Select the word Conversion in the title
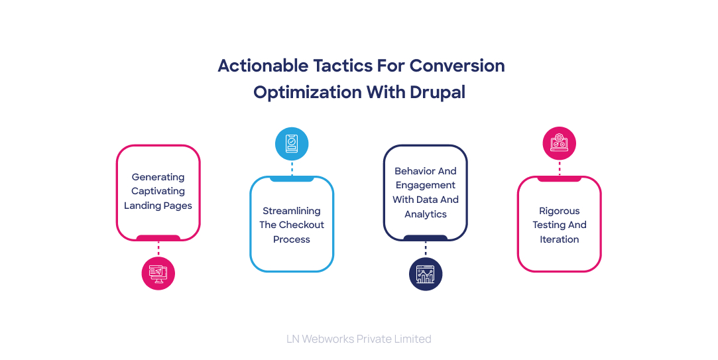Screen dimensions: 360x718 [x=457, y=66]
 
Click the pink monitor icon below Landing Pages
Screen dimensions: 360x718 [x=158, y=272]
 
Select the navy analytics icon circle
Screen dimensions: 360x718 [x=426, y=274]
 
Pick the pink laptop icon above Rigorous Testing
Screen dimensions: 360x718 [x=559, y=143]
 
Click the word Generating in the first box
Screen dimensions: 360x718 [x=158, y=177]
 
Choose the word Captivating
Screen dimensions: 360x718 [x=158, y=191]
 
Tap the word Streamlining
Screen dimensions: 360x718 [x=292, y=211]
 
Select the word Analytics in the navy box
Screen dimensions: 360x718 [x=426, y=214]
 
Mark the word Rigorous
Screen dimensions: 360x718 [x=559, y=211]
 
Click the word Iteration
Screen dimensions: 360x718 [x=559, y=239]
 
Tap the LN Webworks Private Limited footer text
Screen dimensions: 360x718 [x=359, y=339]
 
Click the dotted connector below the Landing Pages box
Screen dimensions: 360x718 [x=158, y=248]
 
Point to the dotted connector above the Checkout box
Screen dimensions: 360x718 [x=292, y=168]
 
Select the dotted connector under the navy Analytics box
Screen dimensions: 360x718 [x=426, y=249]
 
